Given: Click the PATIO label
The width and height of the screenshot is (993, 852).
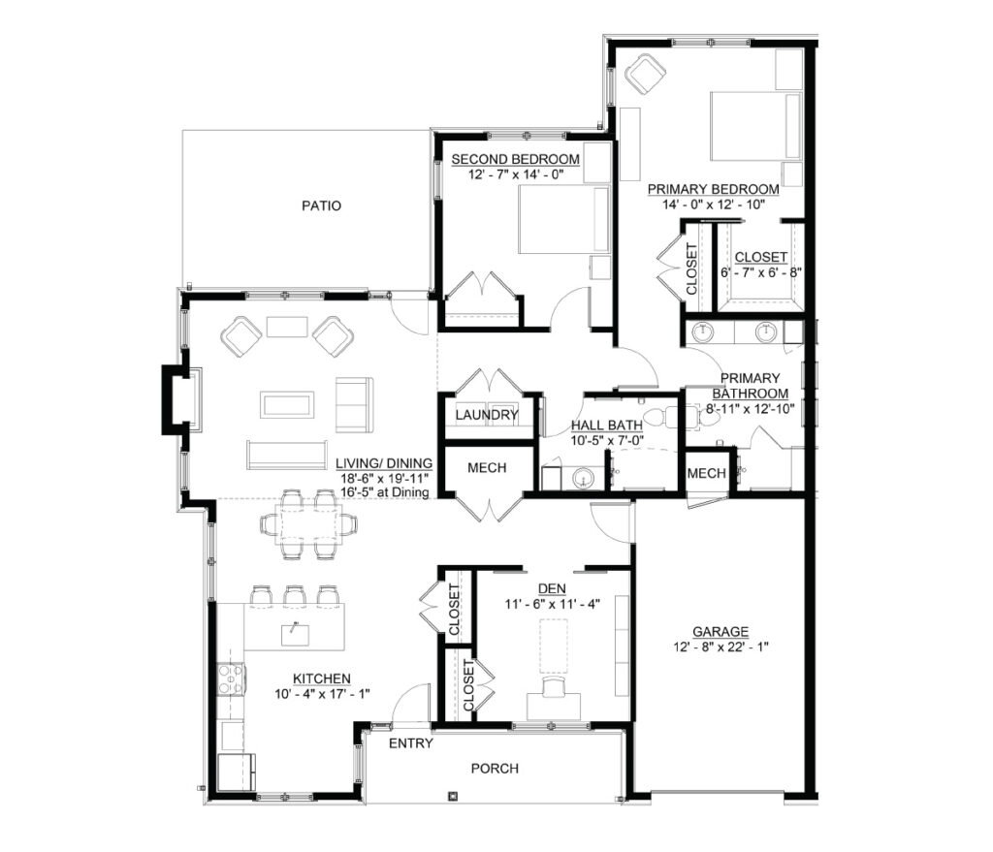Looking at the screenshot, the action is click(x=321, y=205).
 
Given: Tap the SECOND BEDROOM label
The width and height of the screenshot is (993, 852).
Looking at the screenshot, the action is click(x=516, y=160).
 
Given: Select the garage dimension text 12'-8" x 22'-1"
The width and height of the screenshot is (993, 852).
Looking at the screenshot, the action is click(x=721, y=647).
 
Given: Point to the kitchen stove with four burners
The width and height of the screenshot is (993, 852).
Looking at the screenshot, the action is click(x=231, y=679).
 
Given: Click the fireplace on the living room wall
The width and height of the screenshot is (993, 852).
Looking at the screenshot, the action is click(x=177, y=400).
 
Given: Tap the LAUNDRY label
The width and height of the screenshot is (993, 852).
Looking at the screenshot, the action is click(x=487, y=415).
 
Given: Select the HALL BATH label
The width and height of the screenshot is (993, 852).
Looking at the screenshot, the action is click(x=607, y=426).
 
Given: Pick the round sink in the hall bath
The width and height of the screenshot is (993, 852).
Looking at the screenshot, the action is click(x=584, y=478).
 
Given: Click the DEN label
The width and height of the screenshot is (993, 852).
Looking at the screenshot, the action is click(x=552, y=588).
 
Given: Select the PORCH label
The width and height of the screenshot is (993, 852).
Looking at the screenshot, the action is click(x=495, y=769).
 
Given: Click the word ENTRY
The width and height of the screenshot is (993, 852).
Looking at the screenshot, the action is click(x=411, y=743).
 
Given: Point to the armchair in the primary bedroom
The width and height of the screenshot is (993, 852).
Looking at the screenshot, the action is click(x=646, y=74).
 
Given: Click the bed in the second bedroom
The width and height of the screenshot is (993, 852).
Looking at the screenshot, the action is click(x=563, y=220).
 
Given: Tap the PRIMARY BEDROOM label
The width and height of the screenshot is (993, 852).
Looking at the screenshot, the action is click(x=713, y=189).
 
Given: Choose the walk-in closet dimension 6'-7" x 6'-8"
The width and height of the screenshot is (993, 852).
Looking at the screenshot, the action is click(x=761, y=272).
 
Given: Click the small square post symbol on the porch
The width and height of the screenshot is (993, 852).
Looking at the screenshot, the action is click(x=452, y=797).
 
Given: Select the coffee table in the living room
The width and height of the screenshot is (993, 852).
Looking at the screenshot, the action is click(x=287, y=405).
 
